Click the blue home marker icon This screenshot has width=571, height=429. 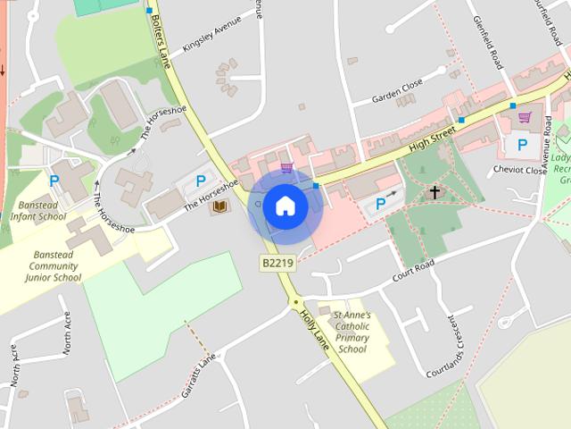(x=285, y=206)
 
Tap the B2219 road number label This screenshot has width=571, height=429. (x=277, y=263)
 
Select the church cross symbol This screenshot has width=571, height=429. (x=434, y=192)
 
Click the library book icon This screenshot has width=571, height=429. (x=219, y=206)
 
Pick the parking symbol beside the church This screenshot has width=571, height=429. (x=381, y=205)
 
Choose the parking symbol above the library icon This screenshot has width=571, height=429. (x=201, y=181)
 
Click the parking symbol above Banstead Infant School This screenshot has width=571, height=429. (x=54, y=181)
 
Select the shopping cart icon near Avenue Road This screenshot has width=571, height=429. (x=525, y=117)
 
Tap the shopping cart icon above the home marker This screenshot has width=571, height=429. (x=285, y=167)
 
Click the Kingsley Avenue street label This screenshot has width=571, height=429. (x=211, y=33)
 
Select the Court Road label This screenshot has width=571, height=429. (x=413, y=272)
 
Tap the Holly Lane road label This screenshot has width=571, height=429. (x=318, y=332)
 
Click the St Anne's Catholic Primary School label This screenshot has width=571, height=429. (x=352, y=332)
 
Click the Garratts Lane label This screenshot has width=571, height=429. (x=198, y=374)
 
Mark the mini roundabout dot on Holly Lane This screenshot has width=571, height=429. (x=295, y=303)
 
